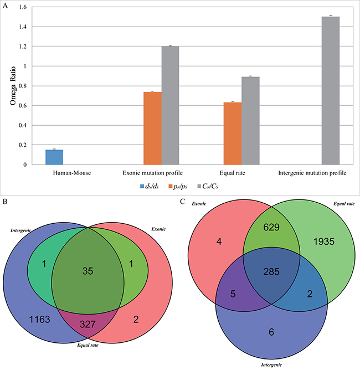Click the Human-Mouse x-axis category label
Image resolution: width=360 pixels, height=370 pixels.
pos(54,173)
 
